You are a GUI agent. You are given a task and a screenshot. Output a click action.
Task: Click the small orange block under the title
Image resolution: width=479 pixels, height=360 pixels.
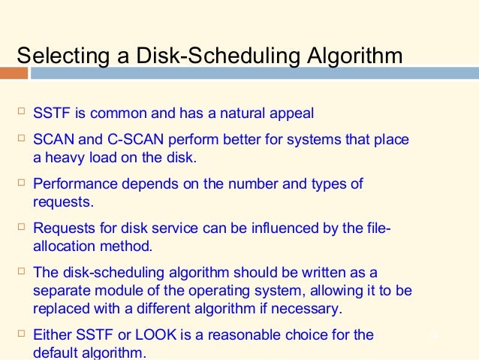[x=14, y=74]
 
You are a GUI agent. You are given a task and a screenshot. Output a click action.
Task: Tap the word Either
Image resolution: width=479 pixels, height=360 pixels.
[x=52, y=334]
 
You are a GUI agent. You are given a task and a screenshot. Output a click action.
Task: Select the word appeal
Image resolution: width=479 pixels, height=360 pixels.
[x=293, y=114]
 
